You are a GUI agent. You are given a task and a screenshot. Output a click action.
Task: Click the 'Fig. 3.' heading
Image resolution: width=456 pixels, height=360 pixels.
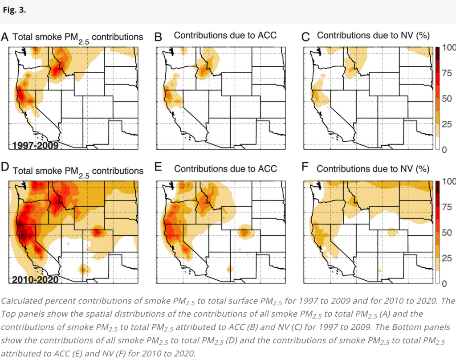coord(14,10)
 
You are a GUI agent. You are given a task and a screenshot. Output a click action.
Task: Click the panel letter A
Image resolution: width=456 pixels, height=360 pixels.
coord(4,37)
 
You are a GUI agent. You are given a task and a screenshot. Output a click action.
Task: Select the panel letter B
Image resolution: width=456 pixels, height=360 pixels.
coord(158,37)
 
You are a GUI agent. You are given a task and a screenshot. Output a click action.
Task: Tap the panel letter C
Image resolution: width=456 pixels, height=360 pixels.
coord(305,37)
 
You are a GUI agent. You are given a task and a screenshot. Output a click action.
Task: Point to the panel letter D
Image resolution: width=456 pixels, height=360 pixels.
coord(4,167)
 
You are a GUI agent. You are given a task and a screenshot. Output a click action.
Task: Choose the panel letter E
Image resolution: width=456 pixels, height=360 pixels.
coord(158,167)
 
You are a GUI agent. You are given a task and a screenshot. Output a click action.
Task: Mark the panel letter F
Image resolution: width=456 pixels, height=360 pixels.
coord(305,167)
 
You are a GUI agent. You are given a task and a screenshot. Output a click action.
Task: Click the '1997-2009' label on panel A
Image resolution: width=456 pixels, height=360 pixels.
coord(35,145)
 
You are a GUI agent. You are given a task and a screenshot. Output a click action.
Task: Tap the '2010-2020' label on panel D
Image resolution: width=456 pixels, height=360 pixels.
coord(35,280)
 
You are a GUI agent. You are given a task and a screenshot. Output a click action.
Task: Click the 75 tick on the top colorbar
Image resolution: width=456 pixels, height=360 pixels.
coord(447,73)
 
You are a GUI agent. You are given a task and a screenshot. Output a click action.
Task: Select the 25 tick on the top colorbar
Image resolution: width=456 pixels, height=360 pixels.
coord(447,124)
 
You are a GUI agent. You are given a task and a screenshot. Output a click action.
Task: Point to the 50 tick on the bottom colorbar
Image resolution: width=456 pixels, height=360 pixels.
coord(447,233)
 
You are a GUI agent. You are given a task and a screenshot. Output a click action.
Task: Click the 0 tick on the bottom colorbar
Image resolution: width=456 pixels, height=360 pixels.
coord(444,283)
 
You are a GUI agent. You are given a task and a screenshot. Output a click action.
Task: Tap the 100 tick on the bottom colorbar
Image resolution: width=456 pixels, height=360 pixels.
coord(449,182)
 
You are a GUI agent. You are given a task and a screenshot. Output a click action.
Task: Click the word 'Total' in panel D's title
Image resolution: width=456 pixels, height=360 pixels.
coord(22,171)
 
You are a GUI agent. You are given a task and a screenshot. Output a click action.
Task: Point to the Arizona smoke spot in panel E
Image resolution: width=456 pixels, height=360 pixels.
coord(230,269)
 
